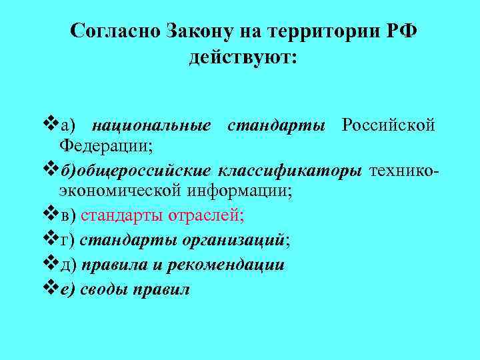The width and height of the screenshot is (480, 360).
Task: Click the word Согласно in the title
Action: [x=113, y=31]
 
